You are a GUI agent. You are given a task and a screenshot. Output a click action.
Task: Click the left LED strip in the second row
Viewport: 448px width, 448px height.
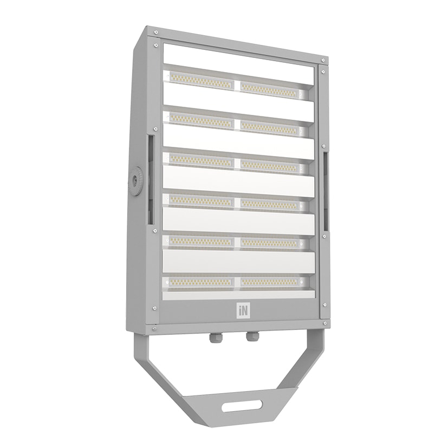(x=201, y=120)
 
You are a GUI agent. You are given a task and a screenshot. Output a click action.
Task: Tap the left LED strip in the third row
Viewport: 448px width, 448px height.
(x=201, y=160)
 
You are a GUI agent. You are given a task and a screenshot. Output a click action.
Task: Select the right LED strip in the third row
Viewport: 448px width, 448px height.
(x=269, y=165)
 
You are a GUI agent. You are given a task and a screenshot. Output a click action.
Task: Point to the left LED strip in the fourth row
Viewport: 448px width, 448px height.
(x=201, y=200)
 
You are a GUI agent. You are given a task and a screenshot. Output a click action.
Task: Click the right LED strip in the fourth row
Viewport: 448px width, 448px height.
(x=269, y=204)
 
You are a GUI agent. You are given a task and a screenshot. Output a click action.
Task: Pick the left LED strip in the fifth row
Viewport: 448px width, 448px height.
(x=201, y=241)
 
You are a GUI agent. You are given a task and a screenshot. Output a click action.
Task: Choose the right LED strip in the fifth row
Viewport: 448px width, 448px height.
(x=269, y=243)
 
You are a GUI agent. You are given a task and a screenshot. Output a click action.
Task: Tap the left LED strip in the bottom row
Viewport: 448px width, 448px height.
(x=201, y=282)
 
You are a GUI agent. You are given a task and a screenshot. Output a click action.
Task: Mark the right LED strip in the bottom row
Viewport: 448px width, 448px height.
(x=269, y=282)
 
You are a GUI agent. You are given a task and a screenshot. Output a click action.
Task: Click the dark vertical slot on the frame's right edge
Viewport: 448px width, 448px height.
(x=326, y=190)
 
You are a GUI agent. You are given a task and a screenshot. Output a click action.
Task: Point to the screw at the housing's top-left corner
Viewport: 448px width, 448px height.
(x=155, y=45)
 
